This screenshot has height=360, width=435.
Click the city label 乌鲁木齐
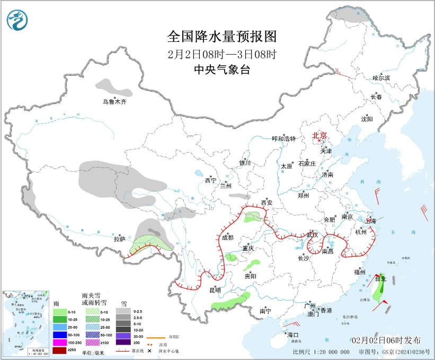[x=115, y=101]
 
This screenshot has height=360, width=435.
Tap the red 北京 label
[x=320, y=136]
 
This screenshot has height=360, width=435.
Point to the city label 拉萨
[x=119, y=240]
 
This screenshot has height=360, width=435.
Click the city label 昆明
[x=215, y=289]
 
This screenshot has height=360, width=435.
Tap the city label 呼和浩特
[x=284, y=139]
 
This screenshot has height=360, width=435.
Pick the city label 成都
[x=227, y=238]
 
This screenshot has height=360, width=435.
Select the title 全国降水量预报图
[x=222, y=37]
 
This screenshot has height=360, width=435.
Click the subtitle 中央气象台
[x=222, y=69]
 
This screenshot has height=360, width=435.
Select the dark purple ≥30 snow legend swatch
[x=124, y=343]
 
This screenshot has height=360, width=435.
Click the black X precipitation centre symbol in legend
[x=150, y=350]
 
